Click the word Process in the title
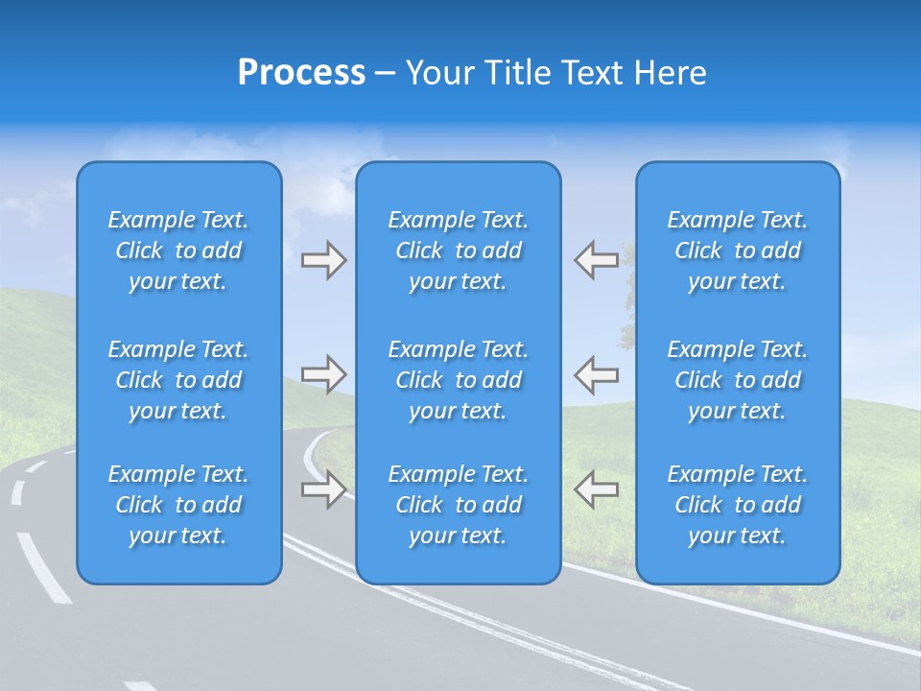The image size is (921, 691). [301, 73]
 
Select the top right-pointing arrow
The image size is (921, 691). [324, 260]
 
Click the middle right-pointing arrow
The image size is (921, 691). [324, 373]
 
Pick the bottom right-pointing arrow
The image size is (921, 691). [324, 489]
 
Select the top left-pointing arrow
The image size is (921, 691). [597, 260]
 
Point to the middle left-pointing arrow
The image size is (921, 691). [597, 373]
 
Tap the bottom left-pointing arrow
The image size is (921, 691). [597, 489]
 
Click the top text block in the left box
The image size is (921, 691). [178, 250]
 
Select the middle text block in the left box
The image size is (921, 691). [178, 380]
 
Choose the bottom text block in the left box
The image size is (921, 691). [178, 505]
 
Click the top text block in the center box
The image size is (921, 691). [459, 250]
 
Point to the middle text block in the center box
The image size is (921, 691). [459, 380]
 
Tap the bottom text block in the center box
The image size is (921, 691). [459, 505]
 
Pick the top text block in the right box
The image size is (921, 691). [738, 250]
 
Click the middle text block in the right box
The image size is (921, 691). [738, 380]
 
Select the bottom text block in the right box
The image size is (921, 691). [738, 505]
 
